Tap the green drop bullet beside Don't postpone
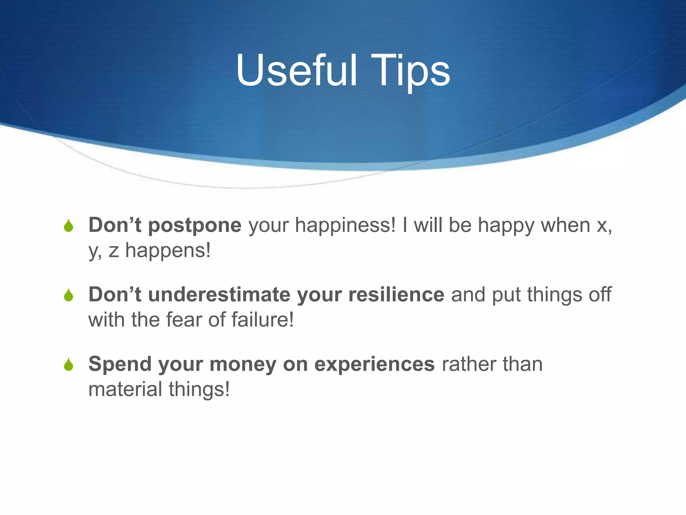69,226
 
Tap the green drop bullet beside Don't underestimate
69,295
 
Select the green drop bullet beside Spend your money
69,364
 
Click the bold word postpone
195,225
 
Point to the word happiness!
345,225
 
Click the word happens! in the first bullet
168,250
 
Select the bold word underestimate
219,295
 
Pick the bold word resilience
396,295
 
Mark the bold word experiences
374,364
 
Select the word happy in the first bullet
506,225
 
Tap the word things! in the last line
199,389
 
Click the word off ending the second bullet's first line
600,295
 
